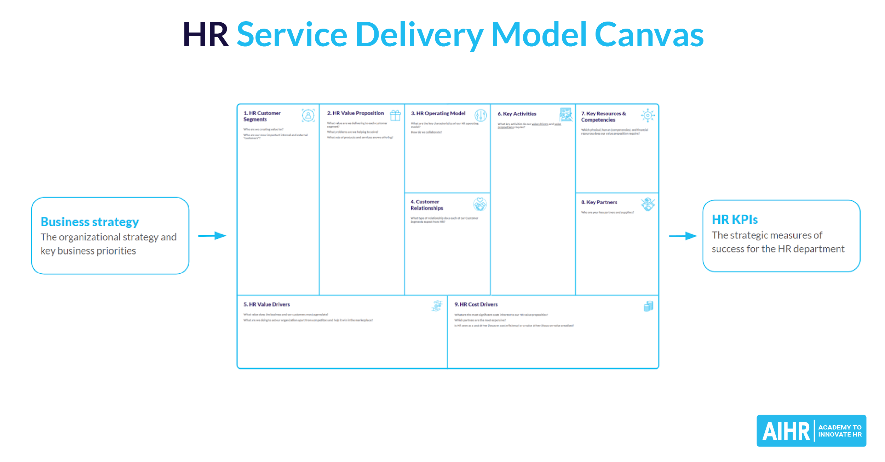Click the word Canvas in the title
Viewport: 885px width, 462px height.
[649, 35]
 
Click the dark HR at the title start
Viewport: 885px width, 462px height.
[206, 35]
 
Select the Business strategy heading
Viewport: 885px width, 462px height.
[90, 222]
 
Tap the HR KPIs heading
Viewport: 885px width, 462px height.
[735, 220]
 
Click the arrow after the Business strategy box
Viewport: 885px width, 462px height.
[212, 236]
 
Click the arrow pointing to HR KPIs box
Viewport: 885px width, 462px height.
[683, 236]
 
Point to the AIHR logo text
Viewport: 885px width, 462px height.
[786, 431]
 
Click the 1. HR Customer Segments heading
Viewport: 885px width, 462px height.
[262, 116]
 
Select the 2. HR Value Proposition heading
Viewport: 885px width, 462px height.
[355, 113]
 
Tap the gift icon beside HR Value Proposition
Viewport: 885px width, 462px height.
[395, 115]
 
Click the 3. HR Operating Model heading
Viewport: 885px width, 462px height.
[438, 113]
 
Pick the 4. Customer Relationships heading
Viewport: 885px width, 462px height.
[426, 205]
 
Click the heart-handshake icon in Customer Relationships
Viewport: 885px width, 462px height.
[480, 204]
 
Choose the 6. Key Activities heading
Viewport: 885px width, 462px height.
[517, 114]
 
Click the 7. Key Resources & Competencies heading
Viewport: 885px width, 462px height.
[603, 117]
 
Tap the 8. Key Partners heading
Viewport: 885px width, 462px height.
[599, 202]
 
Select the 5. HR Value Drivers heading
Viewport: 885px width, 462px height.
[266, 304]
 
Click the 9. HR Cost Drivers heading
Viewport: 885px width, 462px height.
[476, 304]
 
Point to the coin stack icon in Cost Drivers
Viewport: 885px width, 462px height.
[648, 306]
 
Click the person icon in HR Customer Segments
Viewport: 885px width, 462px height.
[308, 115]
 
